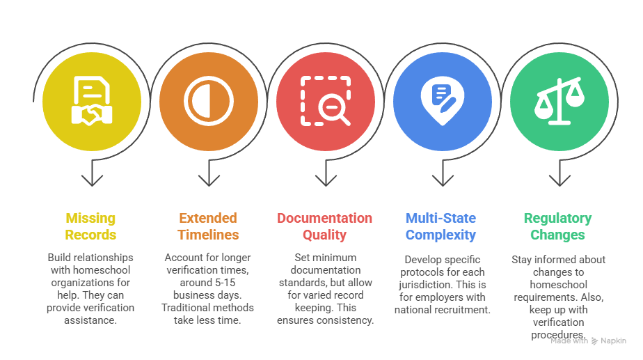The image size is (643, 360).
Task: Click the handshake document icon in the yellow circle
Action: tap(92, 101)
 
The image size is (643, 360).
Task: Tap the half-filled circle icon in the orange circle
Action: tap(209, 101)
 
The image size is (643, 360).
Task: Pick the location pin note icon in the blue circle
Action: tap(443, 101)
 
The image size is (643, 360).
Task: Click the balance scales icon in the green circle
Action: tap(559, 101)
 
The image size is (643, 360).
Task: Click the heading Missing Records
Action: tap(90, 226)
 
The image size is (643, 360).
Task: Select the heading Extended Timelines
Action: tap(208, 226)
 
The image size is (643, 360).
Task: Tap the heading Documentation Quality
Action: tap(325, 226)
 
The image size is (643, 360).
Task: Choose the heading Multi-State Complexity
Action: tap(440, 226)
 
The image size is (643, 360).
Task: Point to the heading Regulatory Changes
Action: tap(557, 226)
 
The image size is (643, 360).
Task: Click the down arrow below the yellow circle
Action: tap(92, 173)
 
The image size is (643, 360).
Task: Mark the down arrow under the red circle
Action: tap(326, 173)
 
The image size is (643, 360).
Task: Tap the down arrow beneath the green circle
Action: tap(559, 173)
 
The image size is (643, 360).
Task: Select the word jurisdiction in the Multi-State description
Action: tap(423, 285)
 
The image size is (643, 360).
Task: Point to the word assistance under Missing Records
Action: tap(90, 320)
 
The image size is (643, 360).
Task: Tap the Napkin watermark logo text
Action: tap(613, 341)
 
